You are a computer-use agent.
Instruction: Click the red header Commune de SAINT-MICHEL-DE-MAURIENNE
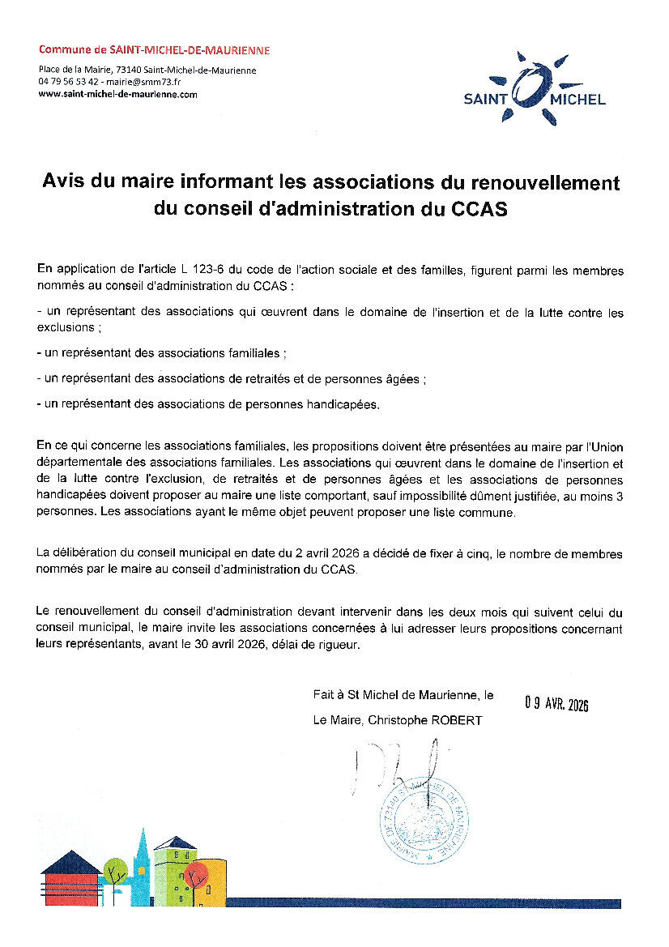154,50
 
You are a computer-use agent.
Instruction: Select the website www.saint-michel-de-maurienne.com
118,94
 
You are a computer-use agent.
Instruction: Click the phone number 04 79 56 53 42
68,82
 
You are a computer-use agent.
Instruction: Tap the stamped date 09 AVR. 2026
556,703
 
